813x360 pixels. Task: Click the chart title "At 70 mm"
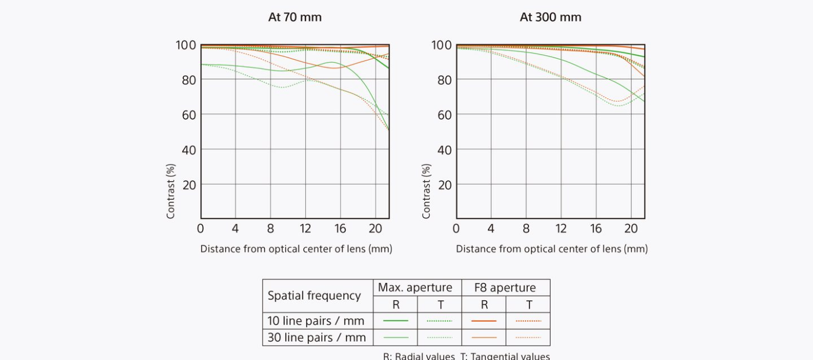point(294,17)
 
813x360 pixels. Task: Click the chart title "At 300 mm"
point(550,17)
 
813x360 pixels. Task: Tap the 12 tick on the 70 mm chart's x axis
point(305,228)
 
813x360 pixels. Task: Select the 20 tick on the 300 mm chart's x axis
point(631,228)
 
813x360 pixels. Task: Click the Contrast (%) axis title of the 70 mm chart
point(171,190)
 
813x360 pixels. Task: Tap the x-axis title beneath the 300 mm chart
point(551,249)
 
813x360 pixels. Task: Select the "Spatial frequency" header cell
point(314,296)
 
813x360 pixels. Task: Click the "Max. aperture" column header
point(415,287)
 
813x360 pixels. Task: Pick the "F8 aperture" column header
point(505,287)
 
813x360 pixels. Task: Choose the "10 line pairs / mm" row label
point(316,321)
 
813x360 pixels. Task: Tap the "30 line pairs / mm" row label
point(316,337)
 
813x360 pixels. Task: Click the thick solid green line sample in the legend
point(395,321)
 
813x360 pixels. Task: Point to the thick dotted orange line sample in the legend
point(528,321)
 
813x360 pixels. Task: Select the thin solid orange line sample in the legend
point(484,337)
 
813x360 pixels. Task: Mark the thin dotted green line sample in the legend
point(440,337)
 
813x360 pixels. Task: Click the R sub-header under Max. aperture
point(395,304)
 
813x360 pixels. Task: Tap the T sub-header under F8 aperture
point(528,304)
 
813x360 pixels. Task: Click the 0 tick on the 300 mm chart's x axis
point(456,228)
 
